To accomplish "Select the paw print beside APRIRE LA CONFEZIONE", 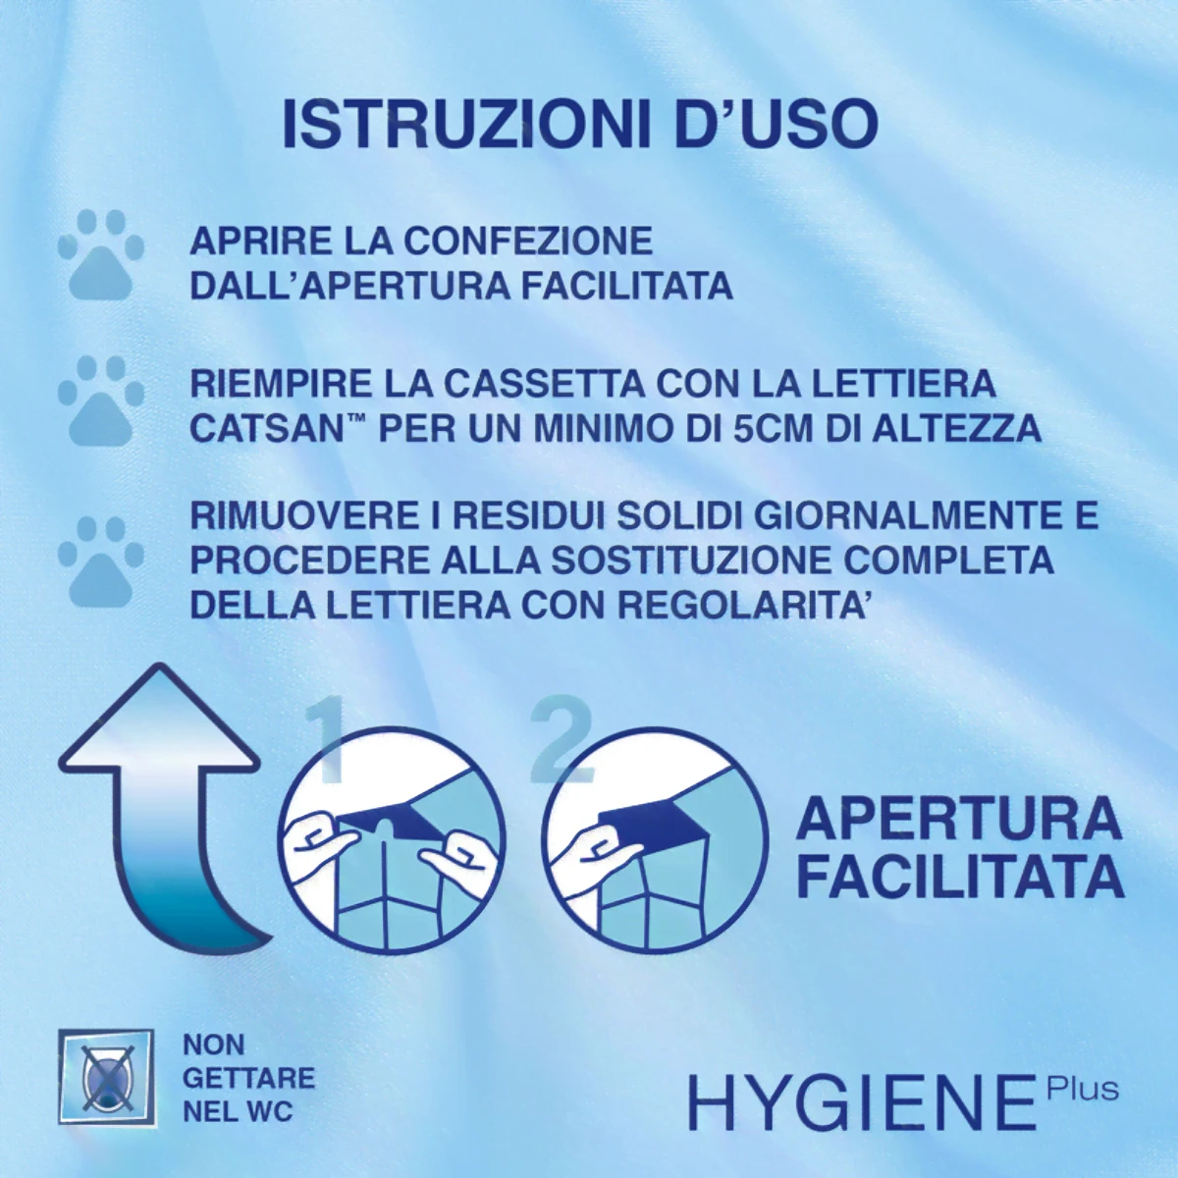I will click(x=100, y=254).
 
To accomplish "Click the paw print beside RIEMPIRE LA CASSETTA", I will click(x=100, y=400).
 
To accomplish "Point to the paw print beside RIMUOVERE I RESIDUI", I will click(x=100, y=560).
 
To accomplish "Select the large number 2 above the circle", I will click(x=562, y=741).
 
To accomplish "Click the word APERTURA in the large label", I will click(x=958, y=819).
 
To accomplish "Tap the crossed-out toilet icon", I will click(x=105, y=1075).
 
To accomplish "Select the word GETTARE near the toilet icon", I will click(x=249, y=1078).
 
